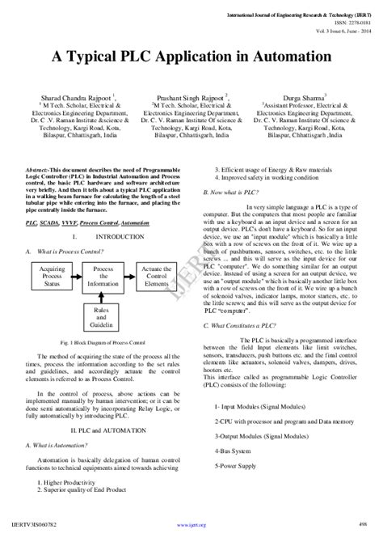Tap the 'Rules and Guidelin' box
pyautogui.click(x=102, y=318)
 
